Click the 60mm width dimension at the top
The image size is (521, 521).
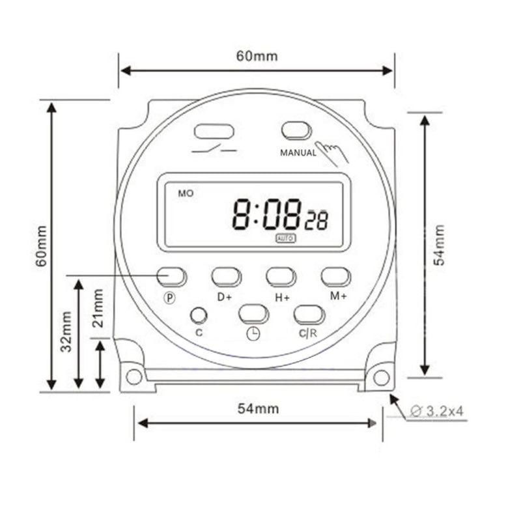256,56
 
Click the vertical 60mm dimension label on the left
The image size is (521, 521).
42,246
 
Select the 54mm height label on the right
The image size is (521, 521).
440,244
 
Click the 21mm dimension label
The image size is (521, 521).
98,308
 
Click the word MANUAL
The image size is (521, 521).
298,154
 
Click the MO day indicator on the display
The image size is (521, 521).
186,193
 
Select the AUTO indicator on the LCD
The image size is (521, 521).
285,238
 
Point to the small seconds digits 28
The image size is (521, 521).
317,221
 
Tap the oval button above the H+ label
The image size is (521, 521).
281,276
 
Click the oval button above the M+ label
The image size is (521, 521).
336,276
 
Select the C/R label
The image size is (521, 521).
308,333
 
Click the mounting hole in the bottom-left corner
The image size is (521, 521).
134,376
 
